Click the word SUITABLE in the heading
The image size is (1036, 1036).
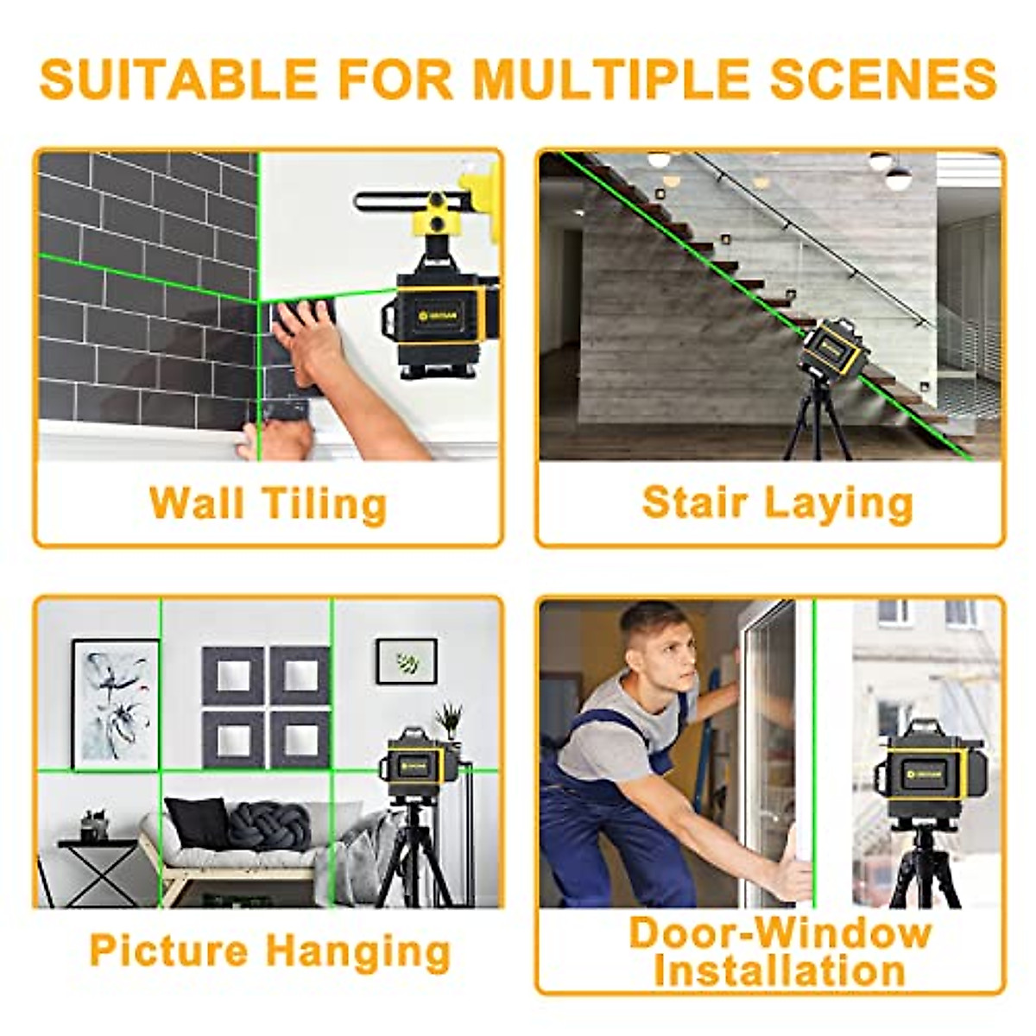click(178, 79)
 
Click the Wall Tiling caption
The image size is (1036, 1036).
click(268, 503)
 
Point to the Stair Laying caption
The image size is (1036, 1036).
click(777, 503)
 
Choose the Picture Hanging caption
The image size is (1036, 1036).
click(269, 951)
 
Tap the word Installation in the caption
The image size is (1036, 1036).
click(779, 971)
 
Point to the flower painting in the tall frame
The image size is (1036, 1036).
click(116, 704)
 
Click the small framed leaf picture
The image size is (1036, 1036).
click(406, 661)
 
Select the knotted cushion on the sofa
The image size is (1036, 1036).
click(269, 824)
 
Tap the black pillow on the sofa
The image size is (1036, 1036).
click(198, 821)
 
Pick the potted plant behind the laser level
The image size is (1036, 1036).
click(449, 721)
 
